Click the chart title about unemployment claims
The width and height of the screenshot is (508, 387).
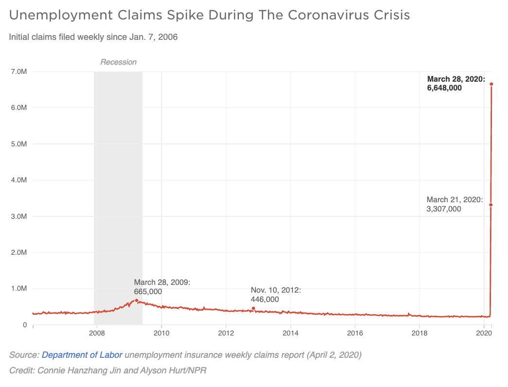pos(209,15)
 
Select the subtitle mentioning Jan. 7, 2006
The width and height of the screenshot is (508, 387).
pos(93,37)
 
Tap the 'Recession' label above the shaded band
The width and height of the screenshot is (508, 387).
pos(118,62)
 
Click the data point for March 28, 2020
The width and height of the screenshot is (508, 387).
pos(491,84)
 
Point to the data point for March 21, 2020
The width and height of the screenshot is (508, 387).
pos(490,205)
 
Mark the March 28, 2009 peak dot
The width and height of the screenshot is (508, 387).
pos(137,300)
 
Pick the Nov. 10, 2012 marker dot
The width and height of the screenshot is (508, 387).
pos(253,308)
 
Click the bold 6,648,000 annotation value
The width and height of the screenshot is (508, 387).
pos(444,88)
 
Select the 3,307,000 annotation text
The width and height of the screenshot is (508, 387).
pos(444,209)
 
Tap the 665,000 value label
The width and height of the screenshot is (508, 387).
pos(148,291)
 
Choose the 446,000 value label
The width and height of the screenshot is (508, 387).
pos(265,299)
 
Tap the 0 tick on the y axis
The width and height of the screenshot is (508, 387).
pos(24,324)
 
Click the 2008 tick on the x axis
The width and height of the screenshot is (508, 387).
pos(96,334)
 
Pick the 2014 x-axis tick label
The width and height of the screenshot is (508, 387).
pos(290,334)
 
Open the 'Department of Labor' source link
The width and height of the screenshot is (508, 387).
pos(82,355)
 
